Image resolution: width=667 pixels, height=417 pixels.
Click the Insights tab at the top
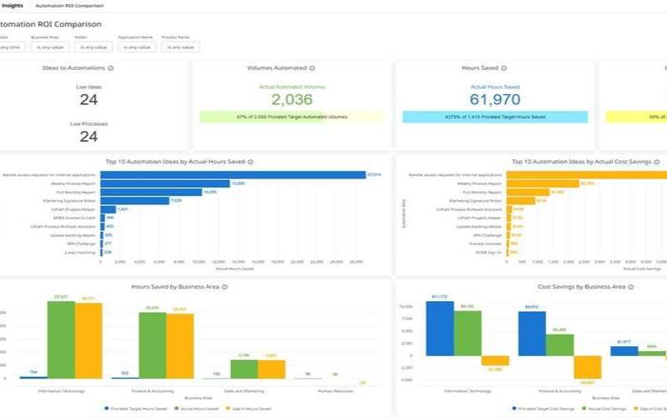coord(13,5)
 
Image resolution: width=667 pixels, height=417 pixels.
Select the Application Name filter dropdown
coord(136,47)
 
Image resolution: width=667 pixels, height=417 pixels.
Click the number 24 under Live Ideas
coord(89,99)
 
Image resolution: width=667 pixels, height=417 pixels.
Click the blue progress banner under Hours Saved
coord(494,117)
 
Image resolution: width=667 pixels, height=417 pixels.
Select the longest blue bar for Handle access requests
coord(234,174)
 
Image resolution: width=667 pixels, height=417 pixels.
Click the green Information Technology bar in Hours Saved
coord(61,340)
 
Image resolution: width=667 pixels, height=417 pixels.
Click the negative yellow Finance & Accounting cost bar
coord(587,368)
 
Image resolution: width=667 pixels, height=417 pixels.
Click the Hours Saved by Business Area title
coord(176,286)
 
